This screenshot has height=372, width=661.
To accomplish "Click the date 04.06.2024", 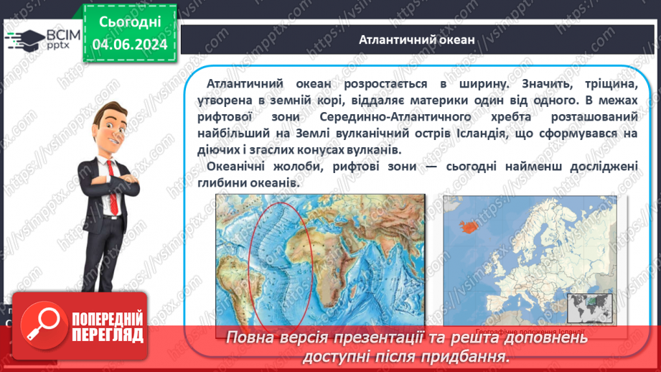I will pos(130,45).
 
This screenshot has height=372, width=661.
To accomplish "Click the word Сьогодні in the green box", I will pos(130,23).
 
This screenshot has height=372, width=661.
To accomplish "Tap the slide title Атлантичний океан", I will pos(417,39).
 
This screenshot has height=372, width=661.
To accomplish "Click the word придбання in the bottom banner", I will pos(467,355).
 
